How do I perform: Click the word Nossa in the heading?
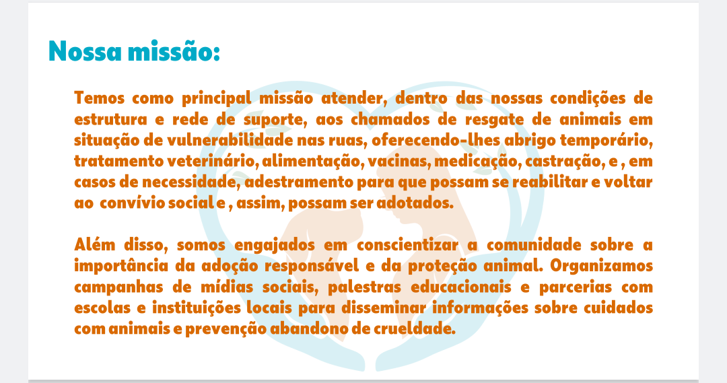coord(85,51)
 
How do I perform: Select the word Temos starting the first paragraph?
coord(99,98)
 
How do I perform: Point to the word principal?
coord(216,99)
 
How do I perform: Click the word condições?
coord(588,99)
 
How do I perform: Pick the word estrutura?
coord(110,120)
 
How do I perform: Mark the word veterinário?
coord(213,162)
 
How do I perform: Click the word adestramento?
coord(299,182)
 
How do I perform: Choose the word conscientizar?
coord(407,245)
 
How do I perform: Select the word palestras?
coord(364,287)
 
